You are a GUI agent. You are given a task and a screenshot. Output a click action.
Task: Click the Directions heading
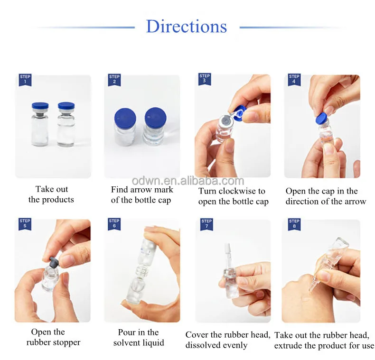click(x=187, y=26)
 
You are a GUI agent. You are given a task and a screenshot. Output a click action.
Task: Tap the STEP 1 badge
click(x=25, y=80)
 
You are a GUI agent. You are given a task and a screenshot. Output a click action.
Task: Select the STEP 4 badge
click(x=294, y=79)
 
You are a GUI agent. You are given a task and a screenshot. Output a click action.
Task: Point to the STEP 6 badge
click(x=114, y=224)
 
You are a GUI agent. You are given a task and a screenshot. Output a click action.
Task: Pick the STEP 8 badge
click(x=294, y=224)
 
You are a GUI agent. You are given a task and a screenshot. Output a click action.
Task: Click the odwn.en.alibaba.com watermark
click(x=188, y=181)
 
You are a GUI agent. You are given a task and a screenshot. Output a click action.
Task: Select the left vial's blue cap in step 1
click(x=40, y=106)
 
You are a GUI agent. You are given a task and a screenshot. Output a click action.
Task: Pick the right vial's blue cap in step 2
click(x=155, y=118)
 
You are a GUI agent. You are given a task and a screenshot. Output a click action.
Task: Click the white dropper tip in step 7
click(x=228, y=252)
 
